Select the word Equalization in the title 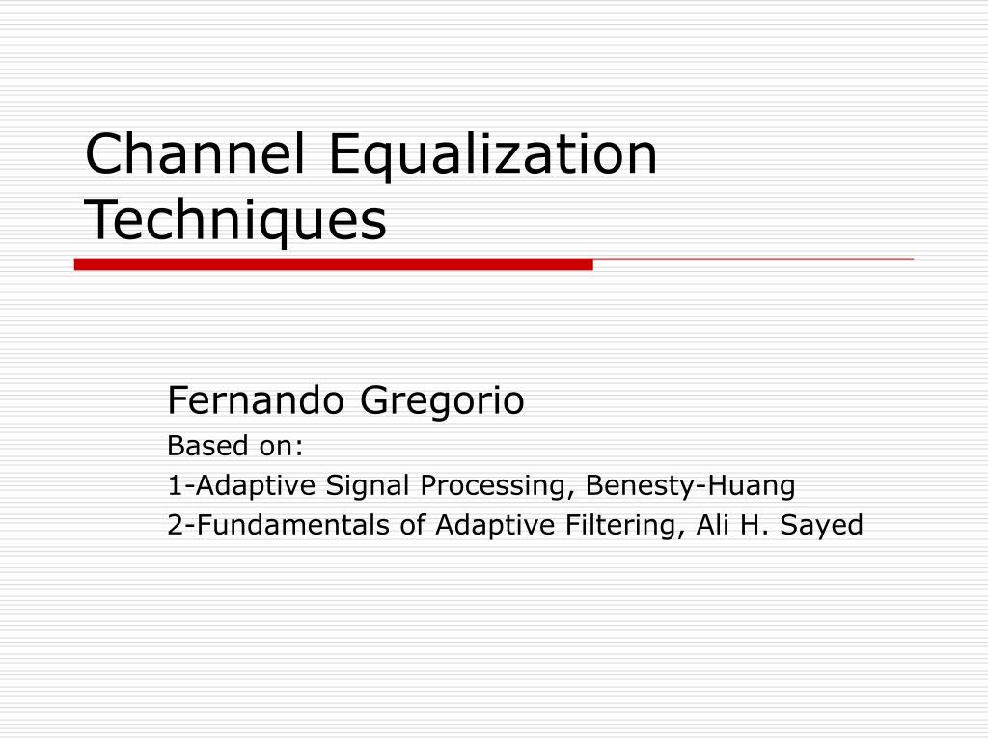pyautogui.click(x=493, y=156)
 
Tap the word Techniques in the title pyautogui.click(x=235, y=221)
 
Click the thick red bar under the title pyautogui.click(x=333, y=264)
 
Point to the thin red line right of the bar pyautogui.click(x=753, y=260)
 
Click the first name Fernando pyautogui.click(x=259, y=400)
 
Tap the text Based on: pyautogui.click(x=235, y=446)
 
